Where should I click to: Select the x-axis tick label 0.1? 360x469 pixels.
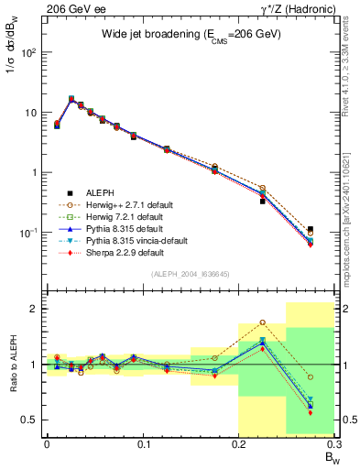(x=143, y=443)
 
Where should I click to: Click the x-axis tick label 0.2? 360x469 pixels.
(x=239, y=443)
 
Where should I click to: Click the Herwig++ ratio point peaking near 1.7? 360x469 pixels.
(x=262, y=322)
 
